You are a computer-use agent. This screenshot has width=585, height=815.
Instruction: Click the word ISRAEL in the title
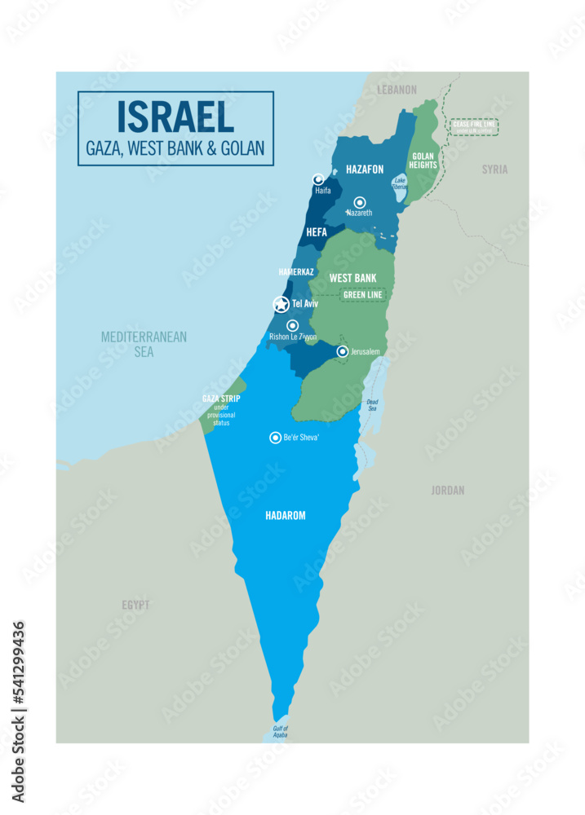175,117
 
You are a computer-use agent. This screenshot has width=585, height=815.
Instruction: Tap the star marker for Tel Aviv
281,305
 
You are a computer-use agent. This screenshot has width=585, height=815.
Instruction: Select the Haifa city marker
318,179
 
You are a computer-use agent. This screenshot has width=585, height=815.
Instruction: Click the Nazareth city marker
359,202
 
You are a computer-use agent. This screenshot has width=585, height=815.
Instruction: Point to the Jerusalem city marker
343,351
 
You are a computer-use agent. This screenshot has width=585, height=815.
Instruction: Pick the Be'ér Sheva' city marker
275,438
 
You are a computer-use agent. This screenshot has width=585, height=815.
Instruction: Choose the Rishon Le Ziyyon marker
292,325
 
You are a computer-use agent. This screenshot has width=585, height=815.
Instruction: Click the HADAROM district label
286,516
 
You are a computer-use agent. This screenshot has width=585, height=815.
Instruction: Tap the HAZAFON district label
365,170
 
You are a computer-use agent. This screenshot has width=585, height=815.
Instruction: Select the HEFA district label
316,232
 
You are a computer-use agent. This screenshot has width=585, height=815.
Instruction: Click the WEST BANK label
352,278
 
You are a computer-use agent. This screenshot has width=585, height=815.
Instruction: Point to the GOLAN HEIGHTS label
423,161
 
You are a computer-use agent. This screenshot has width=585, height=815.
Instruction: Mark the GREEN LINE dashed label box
363,294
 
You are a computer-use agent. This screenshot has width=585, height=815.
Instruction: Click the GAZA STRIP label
220,399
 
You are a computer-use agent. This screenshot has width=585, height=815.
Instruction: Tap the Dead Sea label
372,404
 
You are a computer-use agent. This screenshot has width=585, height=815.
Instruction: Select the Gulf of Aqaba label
279,731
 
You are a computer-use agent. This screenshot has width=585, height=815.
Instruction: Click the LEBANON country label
397,90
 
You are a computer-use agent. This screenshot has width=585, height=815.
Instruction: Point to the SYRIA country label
494,170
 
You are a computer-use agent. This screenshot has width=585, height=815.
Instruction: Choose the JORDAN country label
448,491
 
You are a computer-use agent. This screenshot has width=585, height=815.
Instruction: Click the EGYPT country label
136,606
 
